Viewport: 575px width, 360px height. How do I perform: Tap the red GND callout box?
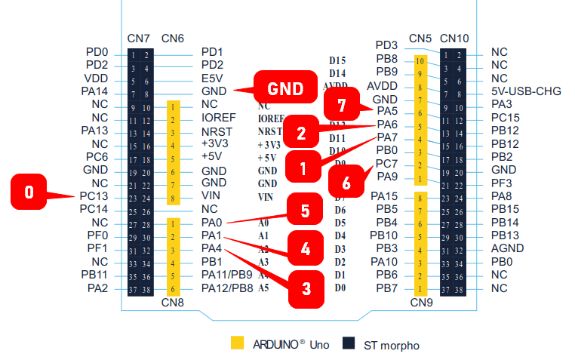tap(283, 88)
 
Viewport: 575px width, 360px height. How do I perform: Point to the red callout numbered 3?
tap(306, 288)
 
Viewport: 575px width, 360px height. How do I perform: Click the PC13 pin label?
tap(94, 196)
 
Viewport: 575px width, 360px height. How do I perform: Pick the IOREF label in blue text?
tap(220, 118)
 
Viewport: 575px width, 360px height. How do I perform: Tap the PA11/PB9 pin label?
tap(227, 275)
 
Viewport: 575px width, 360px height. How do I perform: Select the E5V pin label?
tap(213, 78)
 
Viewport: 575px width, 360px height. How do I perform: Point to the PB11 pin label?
tap(94, 275)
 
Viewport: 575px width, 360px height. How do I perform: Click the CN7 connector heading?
tap(140, 38)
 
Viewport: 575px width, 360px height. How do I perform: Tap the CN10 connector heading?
tap(454, 38)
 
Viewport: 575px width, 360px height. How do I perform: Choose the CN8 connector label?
tap(173, 303)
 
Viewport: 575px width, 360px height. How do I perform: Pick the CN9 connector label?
tap(420, 303)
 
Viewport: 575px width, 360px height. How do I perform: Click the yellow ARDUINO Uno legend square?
tap(238, 343)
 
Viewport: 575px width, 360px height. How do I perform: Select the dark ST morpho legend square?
tap(348, 343)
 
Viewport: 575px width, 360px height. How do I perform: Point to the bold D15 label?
tap(337, 60)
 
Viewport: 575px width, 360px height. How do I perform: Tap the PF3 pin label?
tap(501, 183)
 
